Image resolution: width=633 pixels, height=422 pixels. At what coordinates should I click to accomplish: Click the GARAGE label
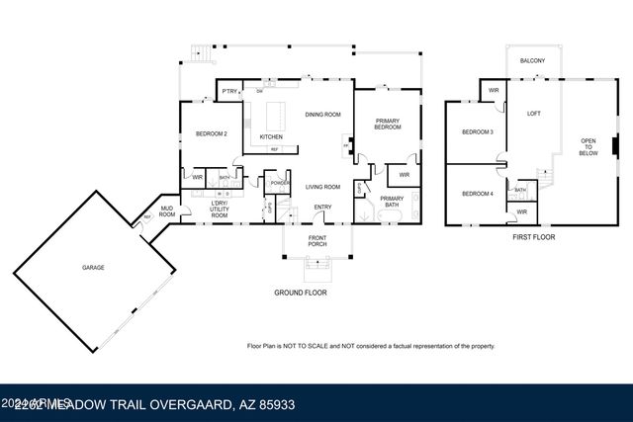coord(93,268)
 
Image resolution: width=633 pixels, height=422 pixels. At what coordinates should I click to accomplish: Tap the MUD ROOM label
coord(167,211)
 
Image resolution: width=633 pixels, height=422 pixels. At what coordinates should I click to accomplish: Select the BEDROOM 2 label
coord(212,133)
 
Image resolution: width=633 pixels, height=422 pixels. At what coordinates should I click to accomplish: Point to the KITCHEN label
coord(271,136)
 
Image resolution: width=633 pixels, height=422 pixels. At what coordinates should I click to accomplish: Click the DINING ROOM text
coord(322,115)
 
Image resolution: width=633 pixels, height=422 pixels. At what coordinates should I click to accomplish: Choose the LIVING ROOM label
coord(322,187)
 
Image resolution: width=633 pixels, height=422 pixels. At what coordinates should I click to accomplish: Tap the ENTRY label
coord(322,207)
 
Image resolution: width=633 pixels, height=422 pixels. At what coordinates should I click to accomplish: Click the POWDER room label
coord(279,183)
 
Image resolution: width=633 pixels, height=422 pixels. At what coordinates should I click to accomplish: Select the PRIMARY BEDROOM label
coord(387,125)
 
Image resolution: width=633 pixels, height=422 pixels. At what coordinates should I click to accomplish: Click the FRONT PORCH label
coord(316,242)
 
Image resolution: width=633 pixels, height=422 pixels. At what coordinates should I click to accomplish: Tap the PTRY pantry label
coord(229,92)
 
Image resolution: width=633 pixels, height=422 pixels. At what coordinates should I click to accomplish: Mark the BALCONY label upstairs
coord(533,61)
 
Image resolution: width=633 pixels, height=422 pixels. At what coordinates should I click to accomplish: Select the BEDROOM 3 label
coord(478,132)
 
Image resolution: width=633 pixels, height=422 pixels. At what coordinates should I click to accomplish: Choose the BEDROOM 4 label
coord(478,194)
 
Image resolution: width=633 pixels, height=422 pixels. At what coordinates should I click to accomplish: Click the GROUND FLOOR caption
coord(301,294)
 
